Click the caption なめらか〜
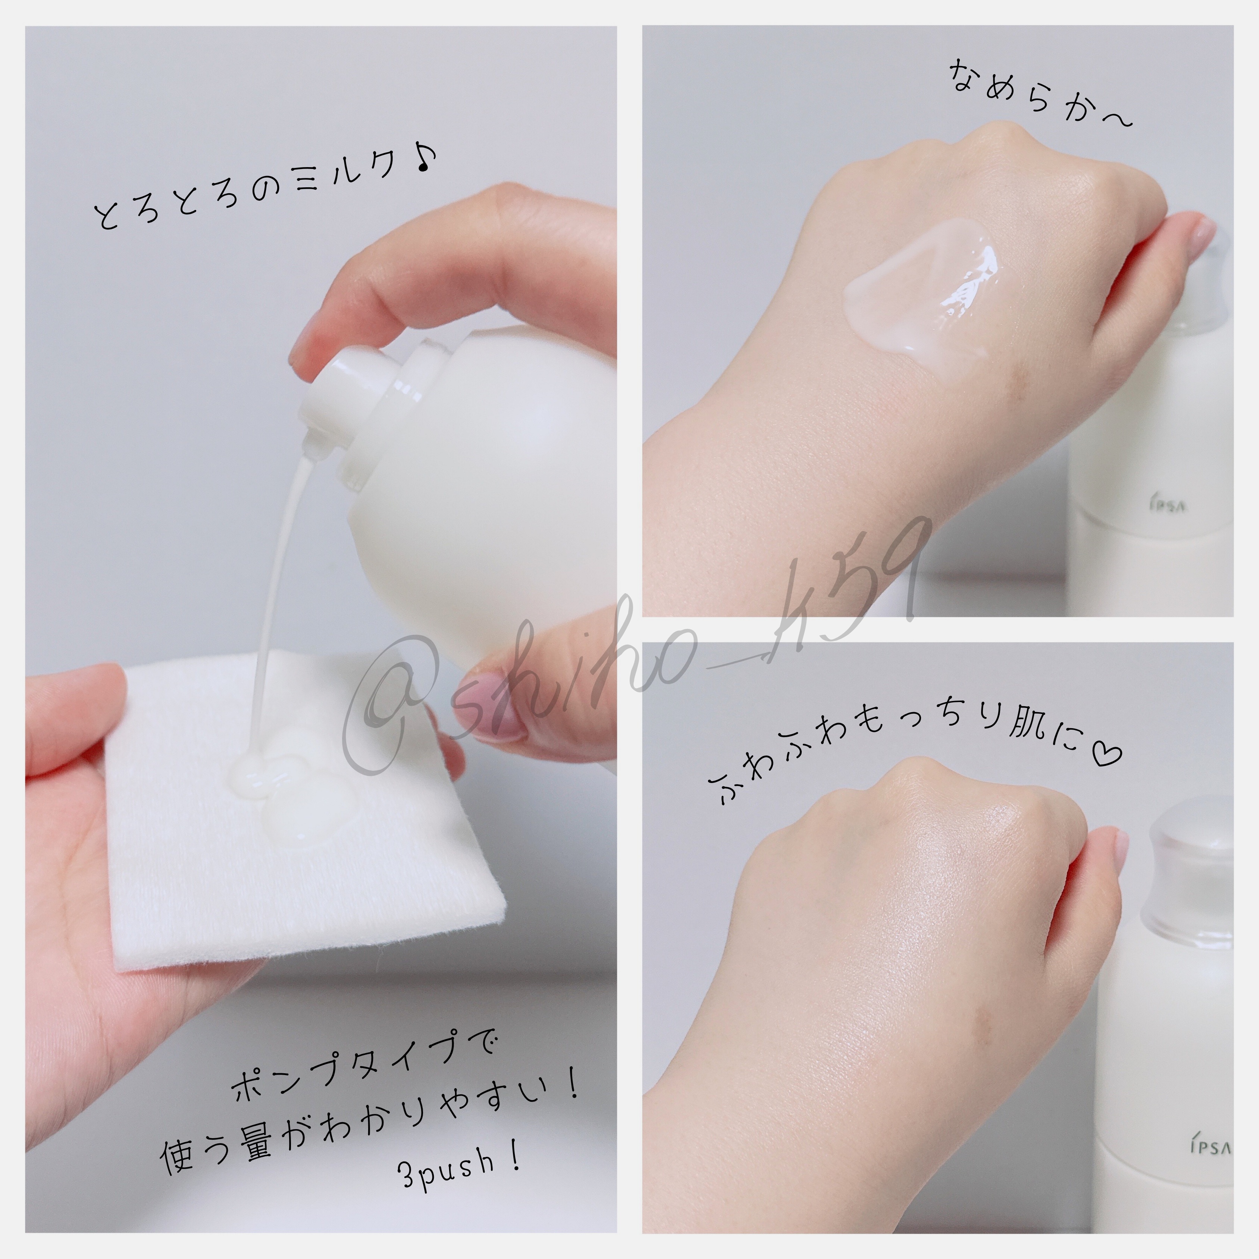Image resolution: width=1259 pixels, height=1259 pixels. click(1039, 94)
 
